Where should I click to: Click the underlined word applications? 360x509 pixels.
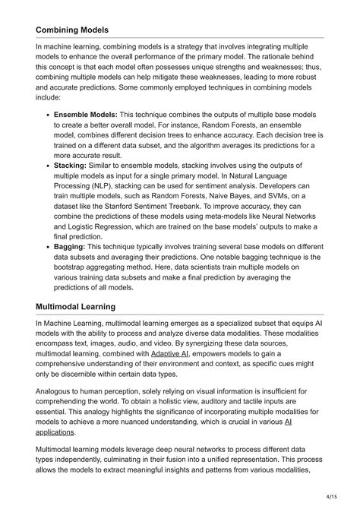click(55, 432)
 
